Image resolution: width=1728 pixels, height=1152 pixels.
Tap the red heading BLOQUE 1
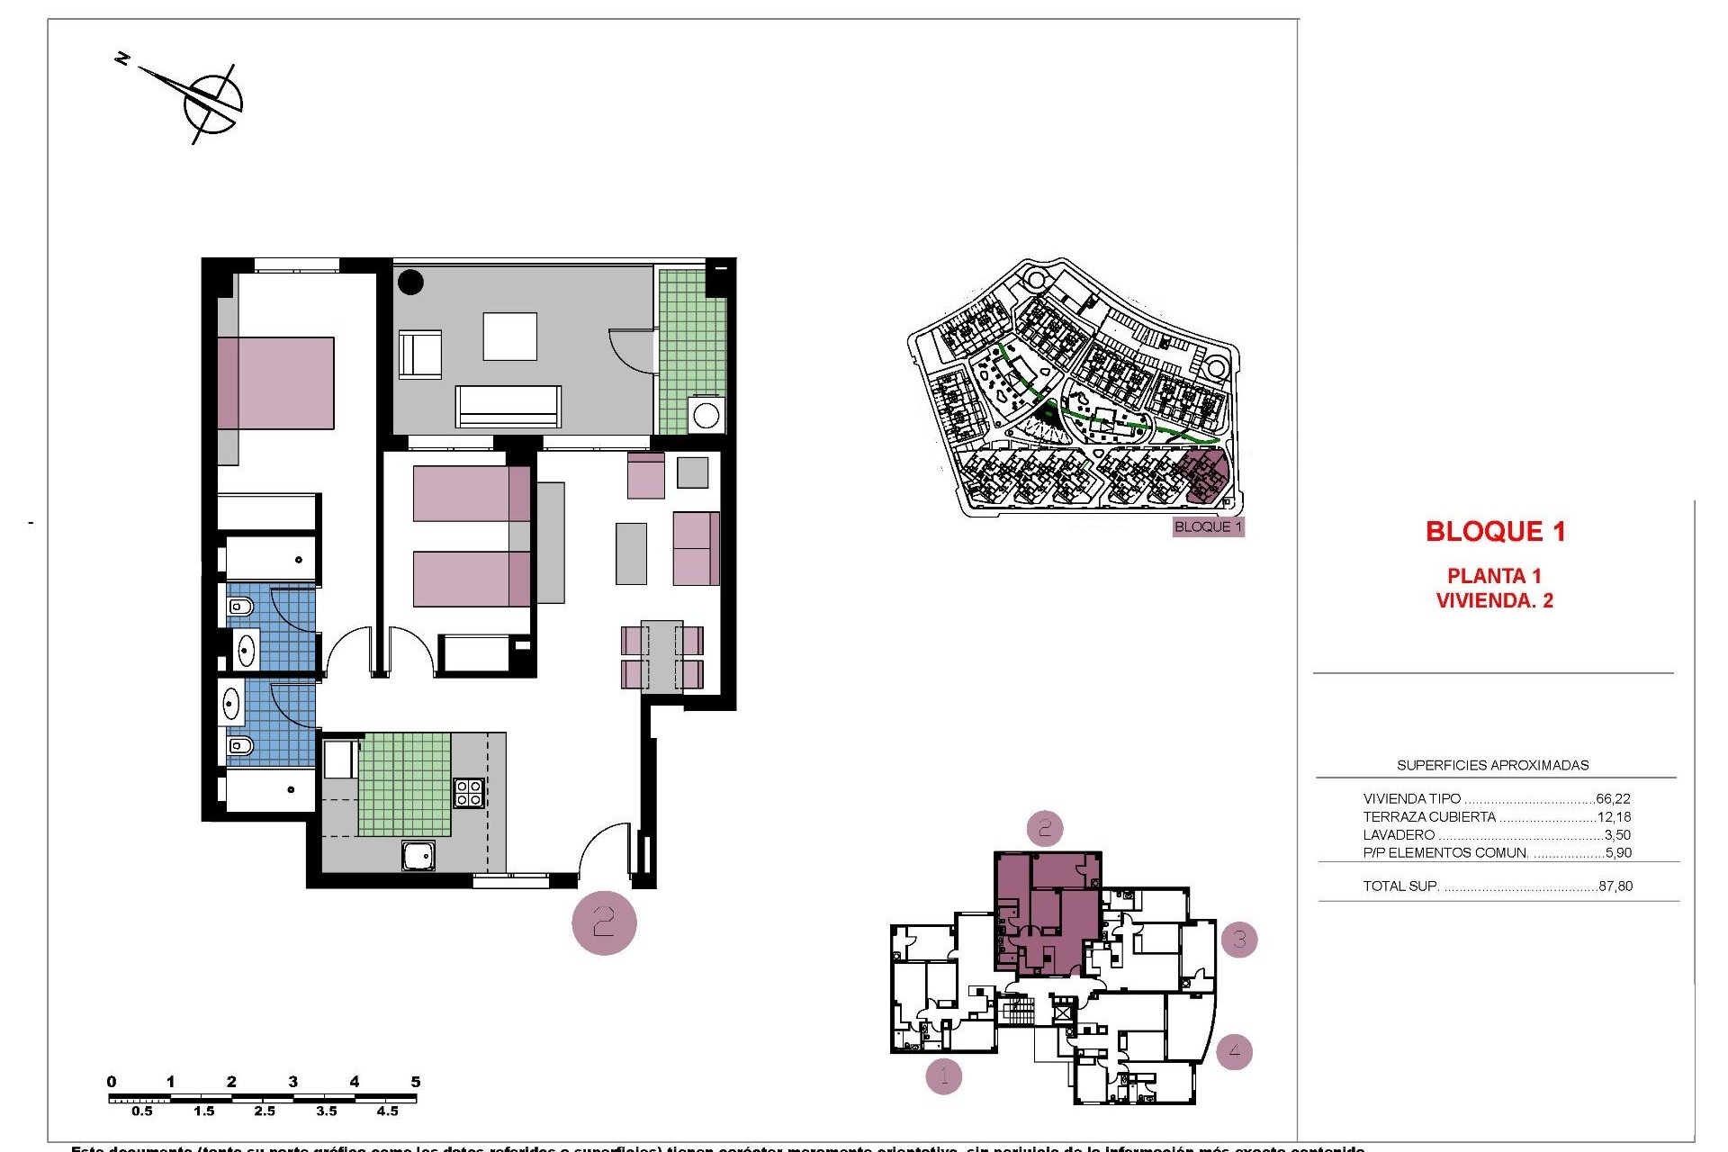pyautogui.click(x=1495, y=531)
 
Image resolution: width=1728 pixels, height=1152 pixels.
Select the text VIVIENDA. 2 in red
pyautogui.click(x=1494, y=600)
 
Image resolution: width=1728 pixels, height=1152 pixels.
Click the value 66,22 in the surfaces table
pyautogui.click(x=1613, y=798)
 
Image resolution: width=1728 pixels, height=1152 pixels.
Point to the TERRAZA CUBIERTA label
pyautogui.click(x=1429, y=817)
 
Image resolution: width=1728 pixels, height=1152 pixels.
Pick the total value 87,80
pyautogui.click(x=1615, y=886)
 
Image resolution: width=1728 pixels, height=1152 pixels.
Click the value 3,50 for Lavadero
pyautogui.click(x=1617, y=835)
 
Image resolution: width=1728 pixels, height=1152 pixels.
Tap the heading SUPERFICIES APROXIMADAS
pyautogui.click(x=1492, y=765)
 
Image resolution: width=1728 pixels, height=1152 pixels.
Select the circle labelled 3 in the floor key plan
pyautogui.click(x=1239, y=940)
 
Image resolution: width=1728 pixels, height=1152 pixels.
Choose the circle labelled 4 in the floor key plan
pyautogui.click(x=1234, y=1050)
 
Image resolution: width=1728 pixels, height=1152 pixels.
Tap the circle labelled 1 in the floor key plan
pyautogui.click(x=944, y=1075)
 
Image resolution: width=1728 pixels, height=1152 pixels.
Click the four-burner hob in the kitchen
pyautogui.click(x=469, y=792)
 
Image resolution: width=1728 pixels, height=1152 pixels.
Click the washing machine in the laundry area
pyautogui.click(x=706, y=416)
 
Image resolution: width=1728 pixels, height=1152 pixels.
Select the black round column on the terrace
pyautogui.click(x=411, y=282)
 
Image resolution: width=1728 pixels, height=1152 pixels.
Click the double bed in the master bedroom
pyautogui.click(x=275, y=383)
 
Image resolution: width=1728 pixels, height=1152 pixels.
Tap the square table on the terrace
pyautogui.click(x=509, y=337)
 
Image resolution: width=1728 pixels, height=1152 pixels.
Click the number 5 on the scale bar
pyautogui.click(x=415, y=1082)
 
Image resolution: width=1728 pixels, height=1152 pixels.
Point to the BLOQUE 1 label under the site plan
pyautogui.click(x=1208, y=526)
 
